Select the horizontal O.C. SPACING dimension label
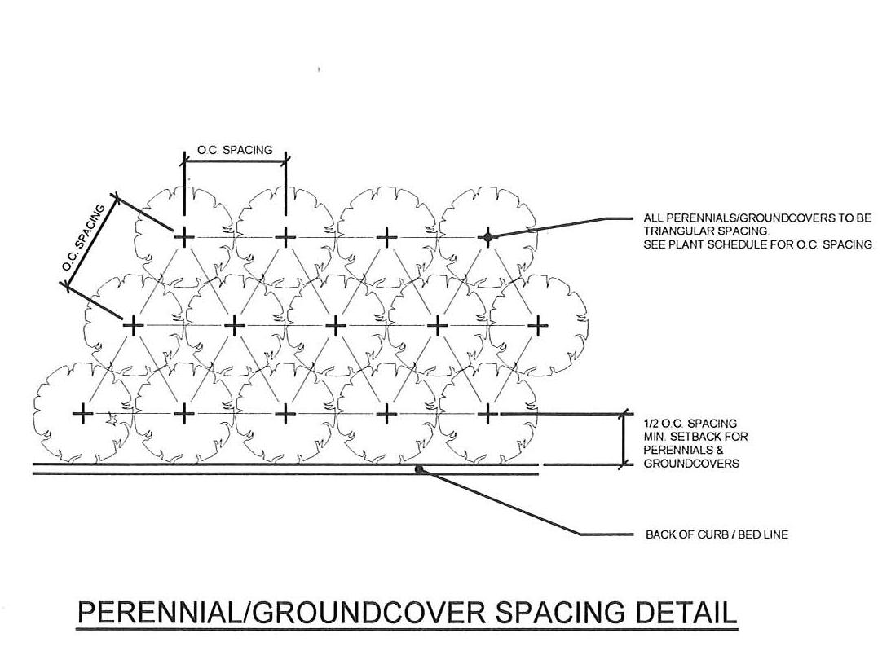coord(235,151)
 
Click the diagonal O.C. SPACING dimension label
coord(84,239)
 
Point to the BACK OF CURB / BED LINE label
coord(717,535)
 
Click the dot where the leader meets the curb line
coord(419,469)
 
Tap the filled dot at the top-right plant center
coord(487,236)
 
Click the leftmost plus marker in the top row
coord(184,236)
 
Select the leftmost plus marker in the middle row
coord(133,325)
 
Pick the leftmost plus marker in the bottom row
coord(82,414)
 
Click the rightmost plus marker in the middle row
coord(537,325)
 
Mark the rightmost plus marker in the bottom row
coord(487,414)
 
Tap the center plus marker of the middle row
coord(335,325)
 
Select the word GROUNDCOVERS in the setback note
coord(691,464)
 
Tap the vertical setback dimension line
coord(624,440)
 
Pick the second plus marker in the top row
coord(285,236)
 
